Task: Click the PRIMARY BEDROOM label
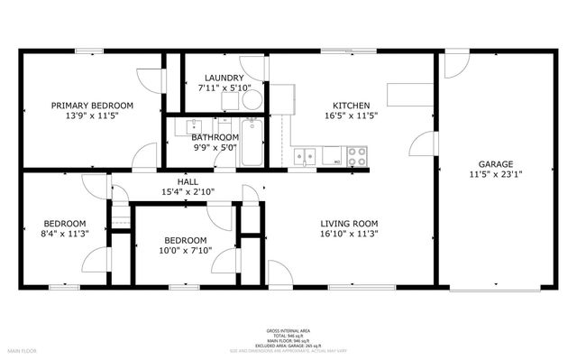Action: [x=92, y=105]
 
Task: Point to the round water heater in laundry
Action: [x=253, y=99]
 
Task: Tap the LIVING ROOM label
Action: [x=349, y=224]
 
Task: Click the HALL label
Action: [x=188, y=181]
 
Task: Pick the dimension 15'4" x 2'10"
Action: [x=188, y=192]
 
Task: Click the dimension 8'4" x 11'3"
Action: [x=65, y=235]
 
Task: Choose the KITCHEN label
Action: [x=351, y=105]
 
